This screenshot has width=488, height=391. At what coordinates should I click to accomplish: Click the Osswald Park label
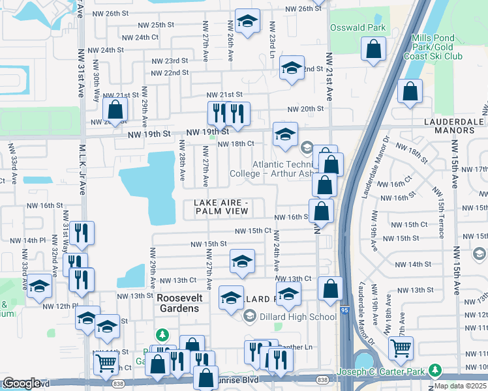(358, 29)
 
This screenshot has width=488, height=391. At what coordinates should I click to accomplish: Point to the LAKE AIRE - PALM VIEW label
(221, 207)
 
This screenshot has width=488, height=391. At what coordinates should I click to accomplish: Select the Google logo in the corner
(22, 383)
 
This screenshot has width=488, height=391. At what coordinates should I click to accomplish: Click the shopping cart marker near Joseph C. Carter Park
(401, 347)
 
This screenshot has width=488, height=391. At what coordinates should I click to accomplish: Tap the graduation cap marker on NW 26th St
(247, 22)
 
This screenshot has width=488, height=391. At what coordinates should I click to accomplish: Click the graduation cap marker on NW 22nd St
(292, 68)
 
